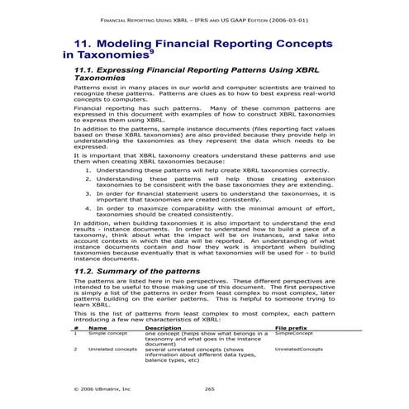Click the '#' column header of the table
(75, 327)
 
